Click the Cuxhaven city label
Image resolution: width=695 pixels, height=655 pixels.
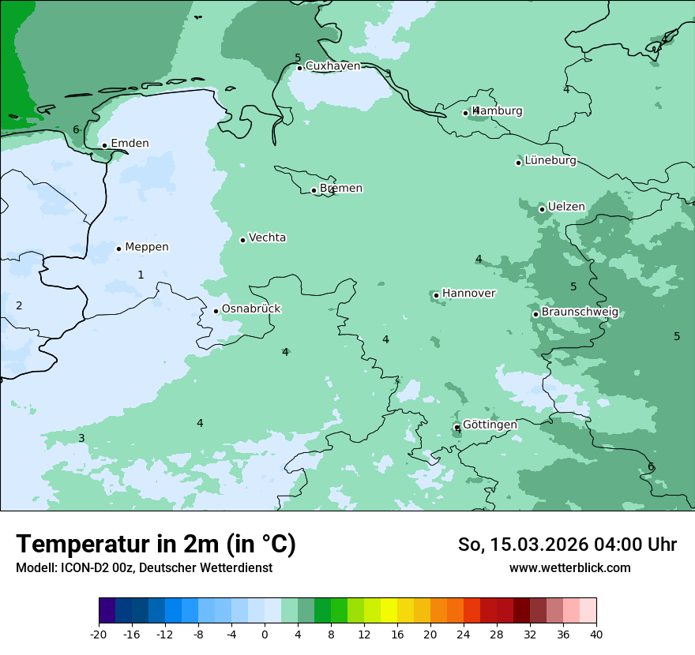point(332,66)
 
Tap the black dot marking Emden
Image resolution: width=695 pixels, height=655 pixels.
point(104,145)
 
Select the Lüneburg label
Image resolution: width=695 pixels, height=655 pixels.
point(550,161)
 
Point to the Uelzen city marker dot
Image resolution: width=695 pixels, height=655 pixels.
point(543,209)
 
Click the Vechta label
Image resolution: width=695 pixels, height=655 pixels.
point(267,238)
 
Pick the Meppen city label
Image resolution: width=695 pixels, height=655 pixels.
point(147,247)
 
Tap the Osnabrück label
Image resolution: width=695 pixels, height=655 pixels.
point(251,309)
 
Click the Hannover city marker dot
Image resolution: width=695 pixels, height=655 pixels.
point(436,295)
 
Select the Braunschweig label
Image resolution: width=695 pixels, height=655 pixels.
point(580,313)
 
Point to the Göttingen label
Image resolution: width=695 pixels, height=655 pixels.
point(490,425)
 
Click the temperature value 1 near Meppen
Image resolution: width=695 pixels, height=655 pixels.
point(141,275)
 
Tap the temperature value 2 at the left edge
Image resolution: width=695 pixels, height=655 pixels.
point(19,305)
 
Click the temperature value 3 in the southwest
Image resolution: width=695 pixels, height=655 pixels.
point(81,438)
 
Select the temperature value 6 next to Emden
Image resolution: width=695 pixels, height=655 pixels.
point(77,129)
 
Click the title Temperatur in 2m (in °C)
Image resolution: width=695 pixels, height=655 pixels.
point(156,544)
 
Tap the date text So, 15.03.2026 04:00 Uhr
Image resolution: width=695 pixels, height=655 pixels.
point(567,545)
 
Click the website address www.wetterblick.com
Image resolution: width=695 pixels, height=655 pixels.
point(569,567)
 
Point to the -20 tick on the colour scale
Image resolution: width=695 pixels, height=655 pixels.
point(99,634)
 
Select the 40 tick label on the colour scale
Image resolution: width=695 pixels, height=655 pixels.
point(595,634)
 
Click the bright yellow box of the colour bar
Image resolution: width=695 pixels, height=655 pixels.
point(389,611)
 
